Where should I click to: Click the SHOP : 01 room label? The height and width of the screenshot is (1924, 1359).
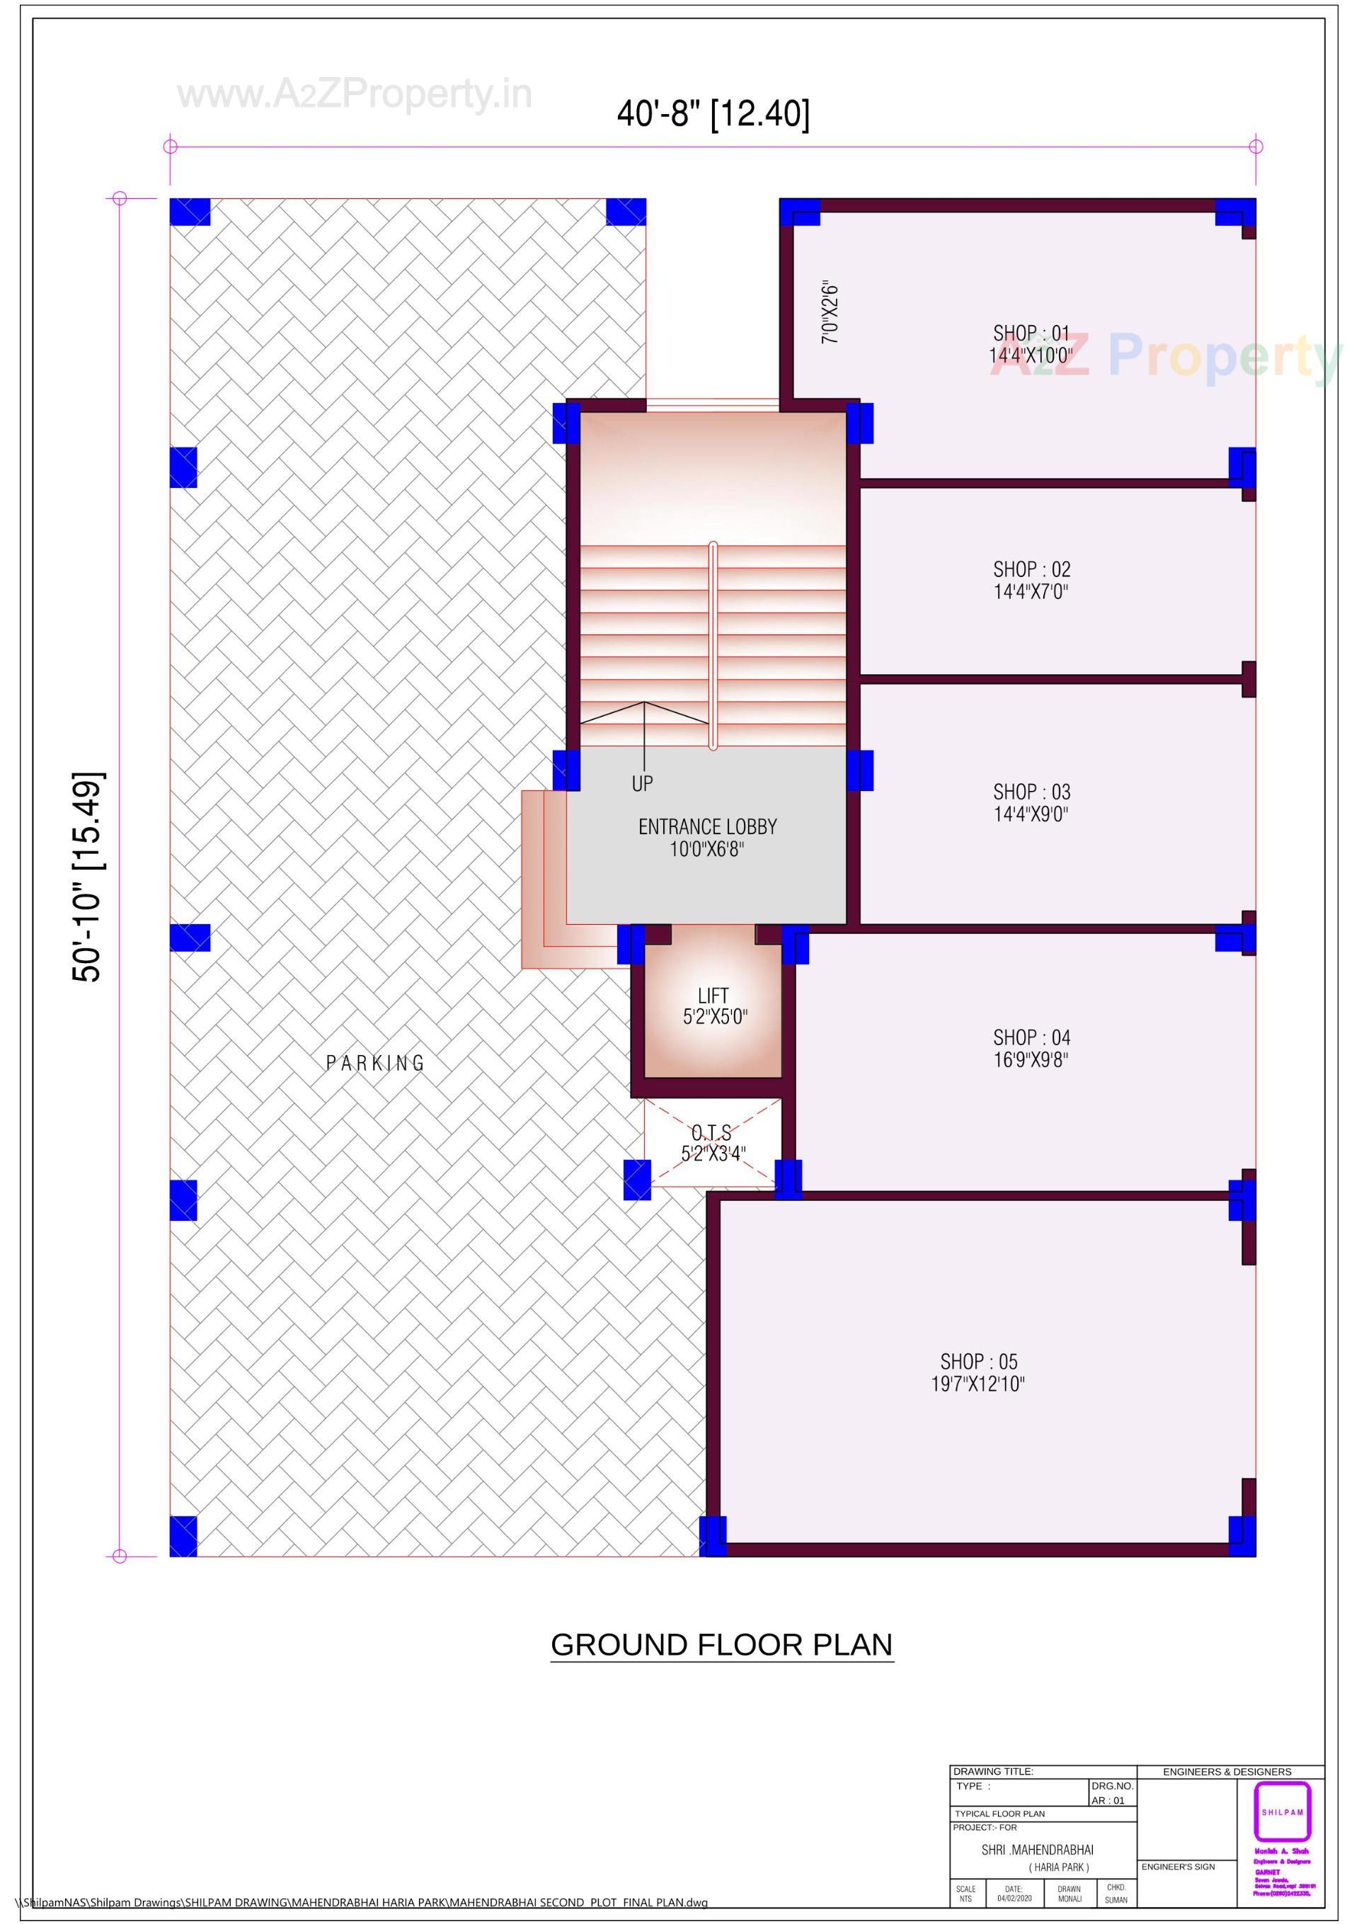pos(1031,334)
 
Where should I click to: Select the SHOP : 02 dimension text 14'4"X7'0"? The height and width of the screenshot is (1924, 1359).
pos(1031,591)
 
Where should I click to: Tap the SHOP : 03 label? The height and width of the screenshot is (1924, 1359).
pos(1031,791)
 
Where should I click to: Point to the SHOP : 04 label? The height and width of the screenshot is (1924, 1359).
pos(1031,1037)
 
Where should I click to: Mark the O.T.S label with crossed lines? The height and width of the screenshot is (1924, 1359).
pos(711,1133)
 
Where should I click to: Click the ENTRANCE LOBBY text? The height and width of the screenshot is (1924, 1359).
pos(707,827)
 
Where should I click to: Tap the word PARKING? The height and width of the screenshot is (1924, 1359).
pos(374,1064)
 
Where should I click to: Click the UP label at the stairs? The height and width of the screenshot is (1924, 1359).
pos(642,783)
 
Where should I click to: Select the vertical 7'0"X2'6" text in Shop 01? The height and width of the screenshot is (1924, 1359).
pos(830,312)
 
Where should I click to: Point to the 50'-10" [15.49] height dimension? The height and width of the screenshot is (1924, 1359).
pos(86,877)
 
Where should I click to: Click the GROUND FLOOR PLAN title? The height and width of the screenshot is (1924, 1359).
pos(721,1644)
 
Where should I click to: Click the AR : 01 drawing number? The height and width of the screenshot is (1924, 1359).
pos(1108,1801)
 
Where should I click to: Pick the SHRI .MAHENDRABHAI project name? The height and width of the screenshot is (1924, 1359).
pos(1037,1850)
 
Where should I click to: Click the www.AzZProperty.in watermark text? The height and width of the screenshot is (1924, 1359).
pos(355,94)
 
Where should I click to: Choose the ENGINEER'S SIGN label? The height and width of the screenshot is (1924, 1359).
pos(1177,1867)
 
